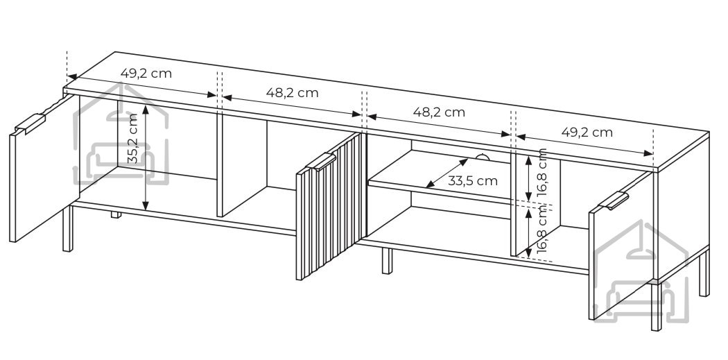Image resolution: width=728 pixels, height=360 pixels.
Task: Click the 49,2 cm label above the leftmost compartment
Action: tap(146, 74)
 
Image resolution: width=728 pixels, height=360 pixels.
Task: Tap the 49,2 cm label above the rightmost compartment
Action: tap(587, 132)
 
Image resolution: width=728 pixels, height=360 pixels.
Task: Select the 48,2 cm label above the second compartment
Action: tap(293, 93)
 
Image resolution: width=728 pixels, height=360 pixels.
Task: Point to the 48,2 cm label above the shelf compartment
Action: tap(439, 112)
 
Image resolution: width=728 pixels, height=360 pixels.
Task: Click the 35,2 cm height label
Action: tap(133, 139)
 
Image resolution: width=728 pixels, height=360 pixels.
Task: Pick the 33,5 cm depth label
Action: tap(473, 181)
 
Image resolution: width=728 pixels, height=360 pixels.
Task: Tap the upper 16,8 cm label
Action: tap(541, 173)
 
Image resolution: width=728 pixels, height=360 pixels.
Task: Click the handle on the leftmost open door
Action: tap(31, 123)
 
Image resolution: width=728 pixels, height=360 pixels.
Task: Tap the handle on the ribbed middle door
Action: tap(320, 161)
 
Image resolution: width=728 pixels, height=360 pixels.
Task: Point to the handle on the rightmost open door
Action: tap(614, 200)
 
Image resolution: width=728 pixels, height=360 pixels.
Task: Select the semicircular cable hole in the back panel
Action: tap(482, 158)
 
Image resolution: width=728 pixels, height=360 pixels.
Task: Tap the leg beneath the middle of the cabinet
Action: tap(387, 261)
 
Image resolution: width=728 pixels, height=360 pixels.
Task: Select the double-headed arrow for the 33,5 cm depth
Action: tap(447, 173)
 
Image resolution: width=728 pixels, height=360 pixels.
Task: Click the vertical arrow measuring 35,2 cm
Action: tap(146, 157)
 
